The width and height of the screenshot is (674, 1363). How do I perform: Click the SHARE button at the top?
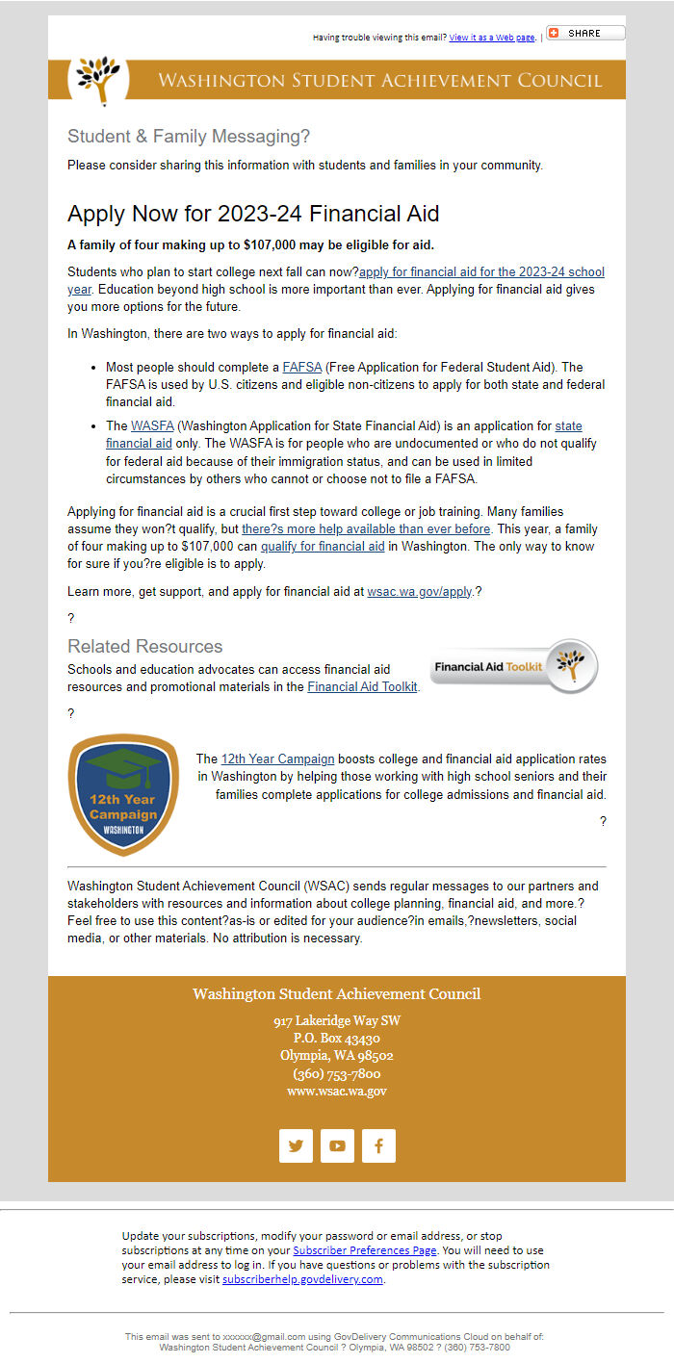[585, 33]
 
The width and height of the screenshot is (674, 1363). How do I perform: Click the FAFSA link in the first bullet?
[302, 368]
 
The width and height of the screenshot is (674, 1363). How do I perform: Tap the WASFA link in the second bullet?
[152, 425]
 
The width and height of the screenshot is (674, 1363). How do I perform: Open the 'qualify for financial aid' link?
[323, 547]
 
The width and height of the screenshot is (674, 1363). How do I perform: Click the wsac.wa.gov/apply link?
[420, 592]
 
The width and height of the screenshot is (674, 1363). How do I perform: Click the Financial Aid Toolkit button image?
[514, 666]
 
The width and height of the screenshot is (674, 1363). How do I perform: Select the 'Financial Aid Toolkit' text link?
[362, 687]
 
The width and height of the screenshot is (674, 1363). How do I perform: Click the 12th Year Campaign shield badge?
[123, 794]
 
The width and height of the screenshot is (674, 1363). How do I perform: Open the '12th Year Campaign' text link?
[277, 759]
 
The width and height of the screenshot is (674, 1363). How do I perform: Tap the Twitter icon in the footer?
[296, 1145]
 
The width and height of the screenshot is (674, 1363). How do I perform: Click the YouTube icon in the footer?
[337, 1145]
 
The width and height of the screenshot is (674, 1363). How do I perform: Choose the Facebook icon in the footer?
[378, 1145]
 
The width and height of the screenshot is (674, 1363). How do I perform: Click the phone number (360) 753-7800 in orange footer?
[337, 1074]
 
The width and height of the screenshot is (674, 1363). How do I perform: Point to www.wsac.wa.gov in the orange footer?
[337, 1092]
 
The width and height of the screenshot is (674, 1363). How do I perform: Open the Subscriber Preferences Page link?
[365, 1250]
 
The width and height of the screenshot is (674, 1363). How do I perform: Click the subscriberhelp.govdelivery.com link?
[302, 1279]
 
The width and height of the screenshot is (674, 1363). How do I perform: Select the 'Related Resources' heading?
[144, 646]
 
